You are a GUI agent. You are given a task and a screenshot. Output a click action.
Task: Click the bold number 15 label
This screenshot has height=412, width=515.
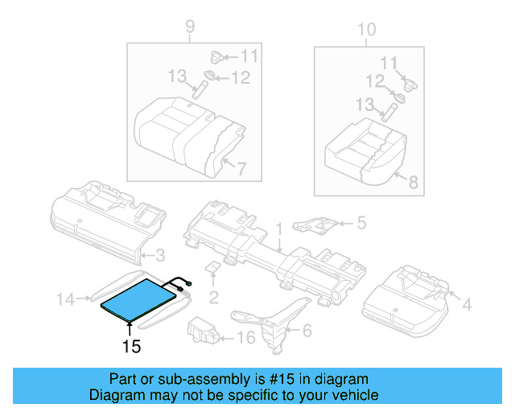pyautogui.click(x=131, y=347)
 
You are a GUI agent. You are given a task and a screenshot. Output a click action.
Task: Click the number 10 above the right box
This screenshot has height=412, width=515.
pyautogui.click(x=366, y=30)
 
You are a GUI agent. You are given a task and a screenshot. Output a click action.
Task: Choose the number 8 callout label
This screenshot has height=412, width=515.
pyautogui.click(x=413, y=183)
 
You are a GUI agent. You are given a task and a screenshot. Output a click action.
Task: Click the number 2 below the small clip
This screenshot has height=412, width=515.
pyautogui.click(x=213, y=298)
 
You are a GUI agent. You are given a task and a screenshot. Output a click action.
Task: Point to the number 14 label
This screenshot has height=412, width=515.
pyautogui.click(x=64, y=300)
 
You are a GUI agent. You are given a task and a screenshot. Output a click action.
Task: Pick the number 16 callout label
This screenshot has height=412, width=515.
pyautogui.click(x=247, y=336)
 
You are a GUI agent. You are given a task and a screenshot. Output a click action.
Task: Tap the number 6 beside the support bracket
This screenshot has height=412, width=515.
pyautogui.click(x=306, y=330)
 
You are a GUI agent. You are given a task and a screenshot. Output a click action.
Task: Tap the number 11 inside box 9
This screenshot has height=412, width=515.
pyautogui.click(x=249, y=56)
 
